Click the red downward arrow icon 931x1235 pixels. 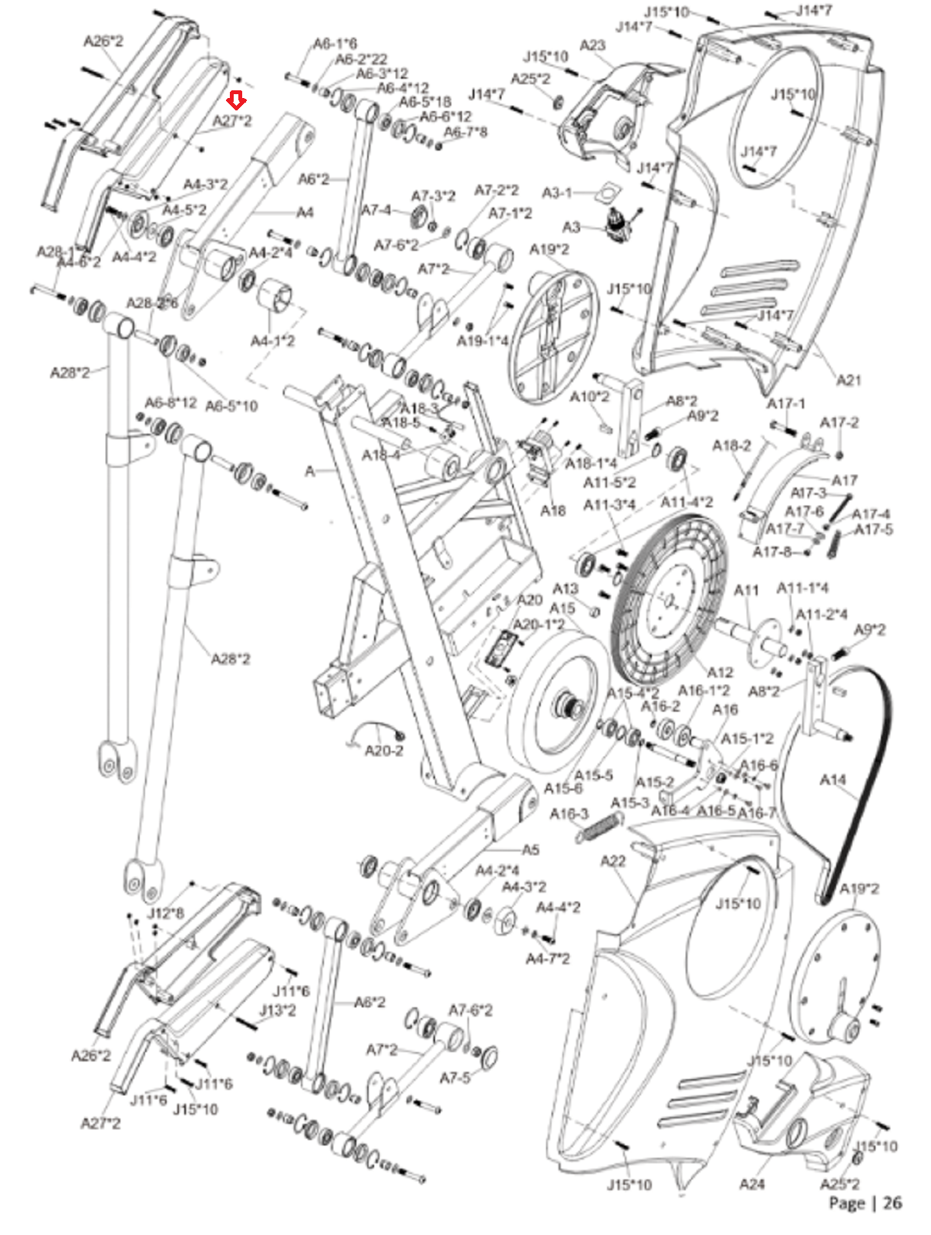coord(237,100)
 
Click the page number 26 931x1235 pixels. coord(892,1203)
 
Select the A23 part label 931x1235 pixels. coord(592,46)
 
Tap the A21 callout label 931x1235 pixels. coord(848,380)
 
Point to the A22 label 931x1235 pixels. coord(612,861)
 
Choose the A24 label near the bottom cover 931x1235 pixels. coord(751,1184)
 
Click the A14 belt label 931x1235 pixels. coord(832,780)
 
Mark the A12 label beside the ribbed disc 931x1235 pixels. coord(720,672)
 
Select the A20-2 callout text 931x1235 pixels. coord(383,750)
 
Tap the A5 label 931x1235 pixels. coord(531,850)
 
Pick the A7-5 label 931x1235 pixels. coord(454,1078)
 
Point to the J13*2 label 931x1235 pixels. coord(277,1010)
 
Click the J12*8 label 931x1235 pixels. coord(165,914)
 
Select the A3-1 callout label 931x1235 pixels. coord(557,192)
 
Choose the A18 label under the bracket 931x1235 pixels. coord(553,510)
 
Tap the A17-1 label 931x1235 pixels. coord(785,404)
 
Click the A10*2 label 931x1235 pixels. coord(589,397)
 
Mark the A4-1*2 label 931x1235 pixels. coord(272,340)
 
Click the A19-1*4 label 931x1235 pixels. coord(482,340)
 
